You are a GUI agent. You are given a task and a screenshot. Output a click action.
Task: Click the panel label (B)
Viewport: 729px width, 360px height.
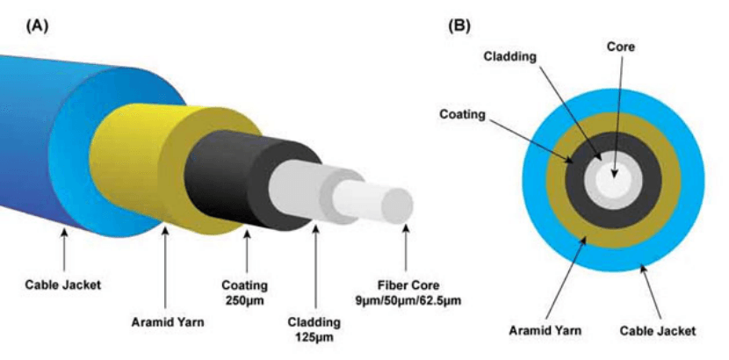coord(458,25)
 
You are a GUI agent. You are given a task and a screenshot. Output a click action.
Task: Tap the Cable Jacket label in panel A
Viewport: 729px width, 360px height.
coord(62,284)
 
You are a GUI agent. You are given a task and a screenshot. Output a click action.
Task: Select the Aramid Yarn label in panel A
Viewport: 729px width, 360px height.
coord(167,321)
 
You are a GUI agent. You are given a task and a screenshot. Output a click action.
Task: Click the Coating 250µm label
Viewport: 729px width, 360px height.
coord(246,292)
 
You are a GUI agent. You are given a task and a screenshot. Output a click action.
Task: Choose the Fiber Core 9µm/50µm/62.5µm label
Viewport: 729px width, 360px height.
coord(406,292)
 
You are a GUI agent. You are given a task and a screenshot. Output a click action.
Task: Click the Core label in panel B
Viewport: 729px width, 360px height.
coord(619,46)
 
